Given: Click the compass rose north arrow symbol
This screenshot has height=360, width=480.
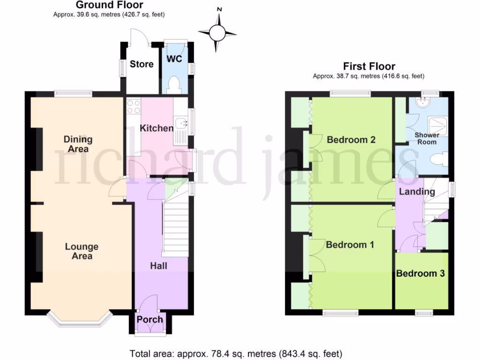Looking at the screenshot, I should [x=217, y=32].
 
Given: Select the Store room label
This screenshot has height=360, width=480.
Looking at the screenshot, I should [x=142, y=64].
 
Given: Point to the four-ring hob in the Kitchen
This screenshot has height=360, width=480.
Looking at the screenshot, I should [x=134, y=106].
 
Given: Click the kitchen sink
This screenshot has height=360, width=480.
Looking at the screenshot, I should [x=180, y=125].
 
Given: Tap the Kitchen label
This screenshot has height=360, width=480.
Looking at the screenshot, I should [x=157, y=128].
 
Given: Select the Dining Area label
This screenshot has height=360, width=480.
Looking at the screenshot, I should [x=78, y=144].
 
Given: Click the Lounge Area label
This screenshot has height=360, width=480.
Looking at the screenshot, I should [x=82, y=251].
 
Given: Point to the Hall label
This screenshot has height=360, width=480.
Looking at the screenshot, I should [x=158, y=266].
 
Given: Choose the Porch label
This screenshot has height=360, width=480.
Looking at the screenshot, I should [x=150, y=320].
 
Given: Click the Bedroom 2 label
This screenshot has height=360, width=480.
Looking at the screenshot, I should [x=351, y=140].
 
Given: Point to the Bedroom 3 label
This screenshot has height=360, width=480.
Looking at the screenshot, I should [x=420, y=273].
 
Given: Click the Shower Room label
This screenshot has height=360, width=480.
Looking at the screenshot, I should [x=426, y=138].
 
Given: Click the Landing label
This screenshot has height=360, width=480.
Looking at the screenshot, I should [x=417, y=192].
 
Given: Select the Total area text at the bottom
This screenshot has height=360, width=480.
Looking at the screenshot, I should [x=236, y=353].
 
